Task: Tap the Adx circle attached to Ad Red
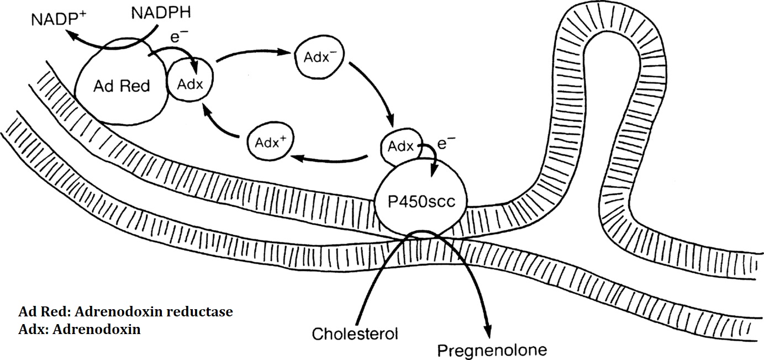click(x=190, y=84)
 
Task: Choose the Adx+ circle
click(x=268, y=142)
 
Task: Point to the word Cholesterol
click(x=355, y=333)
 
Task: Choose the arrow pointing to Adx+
click(x=331, y=159)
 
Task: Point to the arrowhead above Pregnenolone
click(x=487, y=329)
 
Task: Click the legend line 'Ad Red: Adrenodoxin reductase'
click(x=126, y=312)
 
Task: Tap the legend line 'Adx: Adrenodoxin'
click(x=80, y=330)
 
